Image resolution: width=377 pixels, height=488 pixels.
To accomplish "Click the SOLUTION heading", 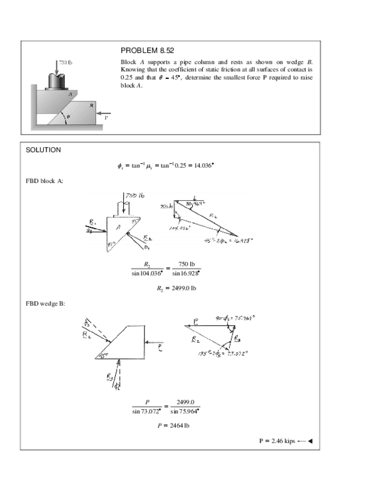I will tap(43, 150).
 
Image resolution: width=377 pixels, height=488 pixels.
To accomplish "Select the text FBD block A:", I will tap(45, 181).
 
